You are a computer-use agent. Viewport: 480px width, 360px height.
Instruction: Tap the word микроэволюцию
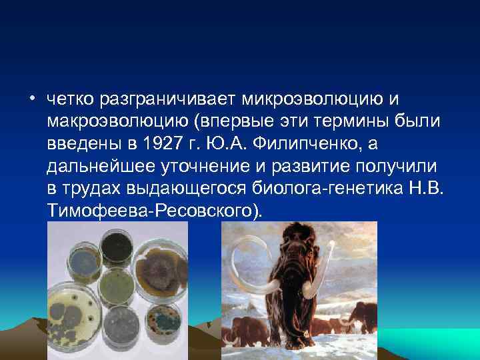coord(320,99)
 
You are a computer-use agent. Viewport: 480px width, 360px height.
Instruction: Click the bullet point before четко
coord(32,100)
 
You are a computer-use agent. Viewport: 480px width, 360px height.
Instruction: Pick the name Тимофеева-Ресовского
coord(155,211)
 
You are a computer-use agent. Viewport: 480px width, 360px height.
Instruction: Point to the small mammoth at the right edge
coord(366,323)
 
